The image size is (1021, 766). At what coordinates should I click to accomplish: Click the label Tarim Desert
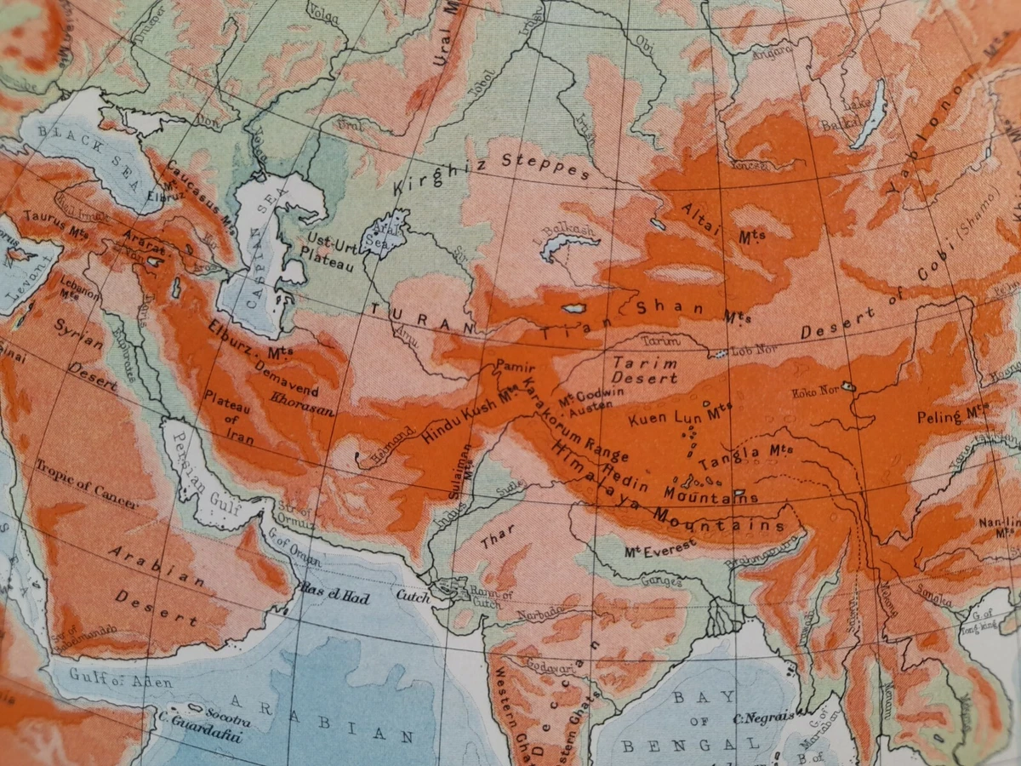(x=645, y=369)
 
